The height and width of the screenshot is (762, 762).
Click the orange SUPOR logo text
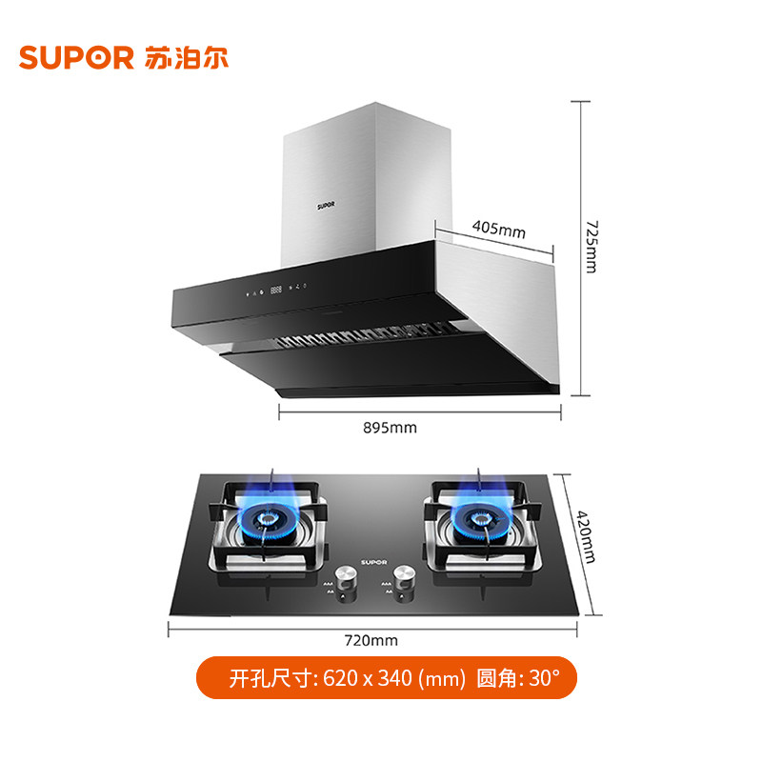tap(75, 57)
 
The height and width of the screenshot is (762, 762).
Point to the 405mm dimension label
tap(498, 230)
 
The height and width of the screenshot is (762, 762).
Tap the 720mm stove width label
tap(371, 639)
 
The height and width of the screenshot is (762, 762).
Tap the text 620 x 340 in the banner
tap(361, 679)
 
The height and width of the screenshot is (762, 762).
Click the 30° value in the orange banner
tap(545, 679)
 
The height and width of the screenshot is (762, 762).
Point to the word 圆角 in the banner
tap(495, 679)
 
